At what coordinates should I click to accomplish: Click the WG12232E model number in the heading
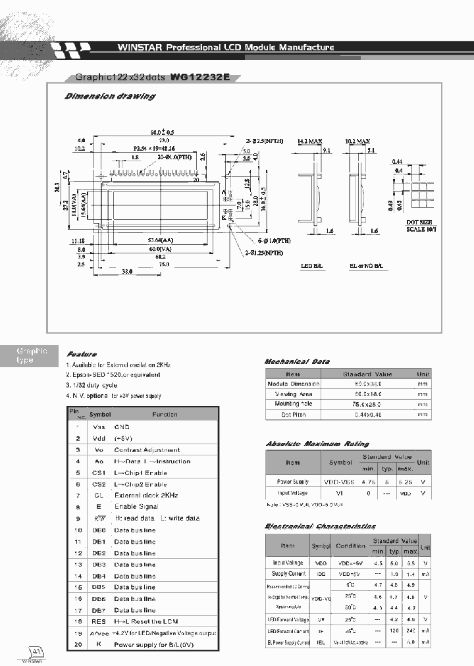(200, 76)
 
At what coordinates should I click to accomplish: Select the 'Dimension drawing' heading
(109, 96)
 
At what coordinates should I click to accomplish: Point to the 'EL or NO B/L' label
(368, 267)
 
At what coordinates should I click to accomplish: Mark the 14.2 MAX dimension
(309, 141)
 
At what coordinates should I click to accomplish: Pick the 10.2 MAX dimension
(357, 141)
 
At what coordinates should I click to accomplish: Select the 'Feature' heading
(81, 354)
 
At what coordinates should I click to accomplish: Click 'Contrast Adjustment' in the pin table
(147, 450)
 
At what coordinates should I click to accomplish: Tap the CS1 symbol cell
(99, 473)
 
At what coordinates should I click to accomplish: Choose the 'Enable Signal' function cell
(136, 507)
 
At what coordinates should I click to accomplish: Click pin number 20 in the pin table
(78, 644)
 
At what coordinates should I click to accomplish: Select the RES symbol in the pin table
(99, 621)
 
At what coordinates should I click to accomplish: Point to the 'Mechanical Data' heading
(297, 362)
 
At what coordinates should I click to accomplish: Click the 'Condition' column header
(350, 546)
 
